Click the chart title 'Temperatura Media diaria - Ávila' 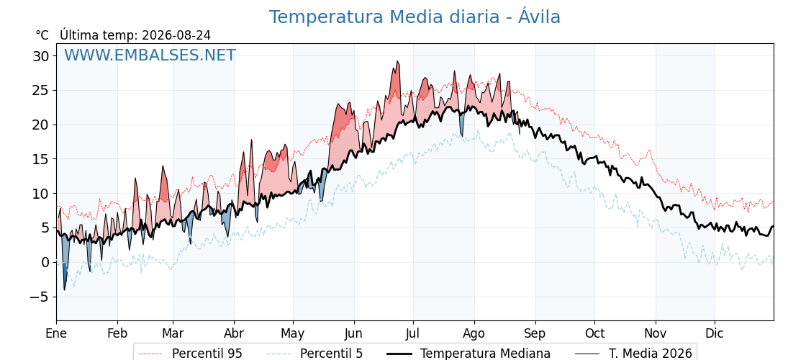[x=415, y=17]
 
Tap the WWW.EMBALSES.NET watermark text [x=150, y=55]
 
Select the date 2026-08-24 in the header [x=176, y=35]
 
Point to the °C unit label [x=42, y=35]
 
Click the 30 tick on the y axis [x=42, y=55]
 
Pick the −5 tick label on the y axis [x=39, y=297]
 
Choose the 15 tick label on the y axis [x=42, y=159]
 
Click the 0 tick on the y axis [x=46, y=262]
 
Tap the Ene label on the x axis [x=56, y=333]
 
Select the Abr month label [x=234, y=333]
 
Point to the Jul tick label [x=413, y=333]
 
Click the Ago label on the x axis [x=474, y=333]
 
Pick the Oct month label [x=594, y=333]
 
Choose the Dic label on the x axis [x=715, y=333]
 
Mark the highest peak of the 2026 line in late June [x=397, y=61]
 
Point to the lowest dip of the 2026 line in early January [x=64, y=290]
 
